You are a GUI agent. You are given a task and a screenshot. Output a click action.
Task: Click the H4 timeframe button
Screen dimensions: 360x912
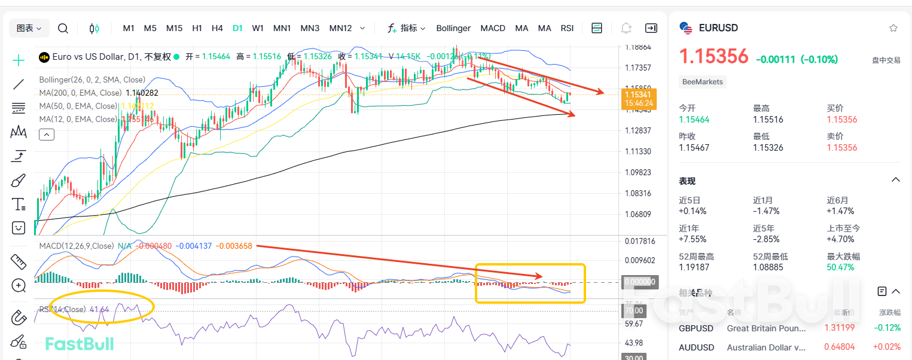click(217, 28)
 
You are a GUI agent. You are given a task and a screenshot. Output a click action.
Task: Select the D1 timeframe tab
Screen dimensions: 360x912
click(237, 28)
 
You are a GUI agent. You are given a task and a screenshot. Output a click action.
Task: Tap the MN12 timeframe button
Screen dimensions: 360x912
click(340, 28)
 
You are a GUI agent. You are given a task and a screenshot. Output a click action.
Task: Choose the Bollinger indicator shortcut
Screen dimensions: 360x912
click(453, 28)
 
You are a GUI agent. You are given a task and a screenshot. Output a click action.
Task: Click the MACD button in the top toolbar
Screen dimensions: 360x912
click(493, 28)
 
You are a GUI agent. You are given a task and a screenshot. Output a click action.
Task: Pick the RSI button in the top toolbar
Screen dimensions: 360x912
click(567, 28)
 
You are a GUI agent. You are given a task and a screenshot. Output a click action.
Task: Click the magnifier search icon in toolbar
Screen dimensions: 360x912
click(63, 28)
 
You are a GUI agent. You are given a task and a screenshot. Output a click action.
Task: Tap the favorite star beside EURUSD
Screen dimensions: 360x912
click(893, 28)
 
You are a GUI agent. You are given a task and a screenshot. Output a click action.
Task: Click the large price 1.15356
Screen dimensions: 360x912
click(713, 57)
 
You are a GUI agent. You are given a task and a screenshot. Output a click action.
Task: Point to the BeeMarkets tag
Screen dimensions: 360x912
click(702, 82)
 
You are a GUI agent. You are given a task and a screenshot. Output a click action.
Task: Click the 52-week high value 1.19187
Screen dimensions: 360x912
click(693, 267)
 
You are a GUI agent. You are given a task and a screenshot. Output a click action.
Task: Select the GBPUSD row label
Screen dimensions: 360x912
click(696, 328)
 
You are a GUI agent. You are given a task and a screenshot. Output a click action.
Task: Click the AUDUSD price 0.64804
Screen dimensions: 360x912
click(839, 347)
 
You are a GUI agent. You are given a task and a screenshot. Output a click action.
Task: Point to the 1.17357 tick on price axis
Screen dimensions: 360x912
click(638, 68)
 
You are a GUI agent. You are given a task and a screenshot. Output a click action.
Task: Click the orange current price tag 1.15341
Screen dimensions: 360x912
click(639, 94)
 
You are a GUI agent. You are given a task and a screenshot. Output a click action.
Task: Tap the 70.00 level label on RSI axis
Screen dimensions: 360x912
click(634, 311)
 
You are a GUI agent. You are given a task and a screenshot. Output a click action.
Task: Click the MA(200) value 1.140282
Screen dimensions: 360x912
click(142, 93)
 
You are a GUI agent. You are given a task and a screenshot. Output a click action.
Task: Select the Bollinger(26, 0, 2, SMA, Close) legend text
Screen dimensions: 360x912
click(92, 80)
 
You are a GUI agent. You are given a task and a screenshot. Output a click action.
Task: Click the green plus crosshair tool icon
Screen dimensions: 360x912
click(19, 60)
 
